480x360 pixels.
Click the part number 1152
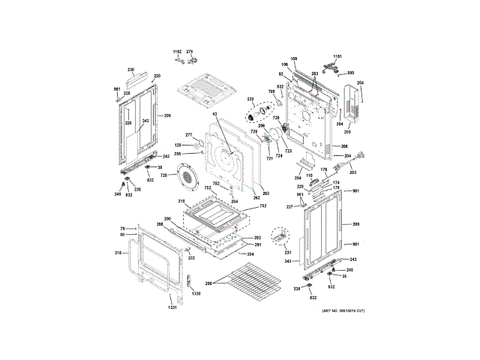point(177,52)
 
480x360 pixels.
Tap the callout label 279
point(190,52)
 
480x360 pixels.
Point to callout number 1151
point(337,57)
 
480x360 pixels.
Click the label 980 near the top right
point(350,73)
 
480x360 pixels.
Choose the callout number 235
point(250,99)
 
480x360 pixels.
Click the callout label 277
point(190,135)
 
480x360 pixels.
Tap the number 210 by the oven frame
point(181,202)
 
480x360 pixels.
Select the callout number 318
point(118,253)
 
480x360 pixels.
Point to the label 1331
point(172,308)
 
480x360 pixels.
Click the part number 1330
point(196,294)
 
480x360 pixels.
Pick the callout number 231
point(287,253)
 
